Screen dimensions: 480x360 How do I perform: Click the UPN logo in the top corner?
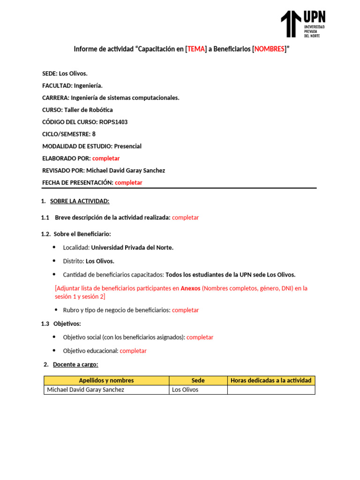tap(303, 24)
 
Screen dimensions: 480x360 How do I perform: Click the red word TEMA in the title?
tap(196, 49)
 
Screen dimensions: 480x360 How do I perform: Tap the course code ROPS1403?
tap(113, 122)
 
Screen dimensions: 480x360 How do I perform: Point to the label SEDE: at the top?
tap(50, 74)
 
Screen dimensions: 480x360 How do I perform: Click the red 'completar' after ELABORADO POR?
tap(106, 158)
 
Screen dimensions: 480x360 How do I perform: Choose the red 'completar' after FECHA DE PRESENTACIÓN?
tap(128, 182)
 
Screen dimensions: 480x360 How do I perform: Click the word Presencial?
tap(127, 146)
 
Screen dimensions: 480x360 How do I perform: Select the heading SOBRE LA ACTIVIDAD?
tap(80, 201)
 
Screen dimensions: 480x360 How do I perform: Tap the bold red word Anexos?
tap(190, 288)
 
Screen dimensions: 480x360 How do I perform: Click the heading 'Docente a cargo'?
tap(75, 364)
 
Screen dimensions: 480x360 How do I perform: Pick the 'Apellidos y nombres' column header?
tap(106, 381)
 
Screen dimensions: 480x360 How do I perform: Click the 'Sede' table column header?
tap(198, 381)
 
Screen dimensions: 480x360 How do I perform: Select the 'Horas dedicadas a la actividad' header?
tap(271, 381)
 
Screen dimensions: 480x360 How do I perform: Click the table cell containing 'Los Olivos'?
tap(186, 390)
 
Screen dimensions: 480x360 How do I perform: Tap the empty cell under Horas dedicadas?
tap(271, 390)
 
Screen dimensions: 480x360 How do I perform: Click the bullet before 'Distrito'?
tap(54, 261)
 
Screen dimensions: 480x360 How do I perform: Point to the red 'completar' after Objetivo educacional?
tap(133, 351)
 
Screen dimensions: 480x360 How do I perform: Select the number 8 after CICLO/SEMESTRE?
tap(94, 134)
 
